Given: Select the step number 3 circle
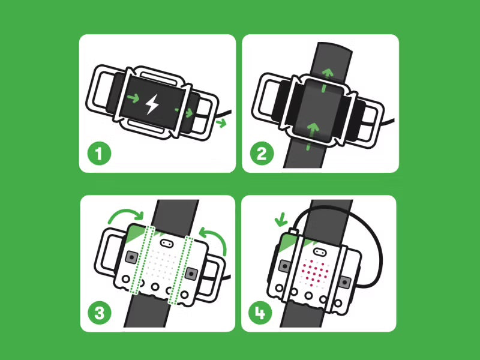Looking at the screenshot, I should (100, 313).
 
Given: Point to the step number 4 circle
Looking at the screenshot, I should (261, 313).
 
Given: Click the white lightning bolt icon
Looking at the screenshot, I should (152, 105).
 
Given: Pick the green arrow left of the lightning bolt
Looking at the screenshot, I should (133, 97).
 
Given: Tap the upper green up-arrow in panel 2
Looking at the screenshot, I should (328, 75).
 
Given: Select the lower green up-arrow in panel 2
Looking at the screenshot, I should (312, 129).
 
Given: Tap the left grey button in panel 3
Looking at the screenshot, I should (130, 257).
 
